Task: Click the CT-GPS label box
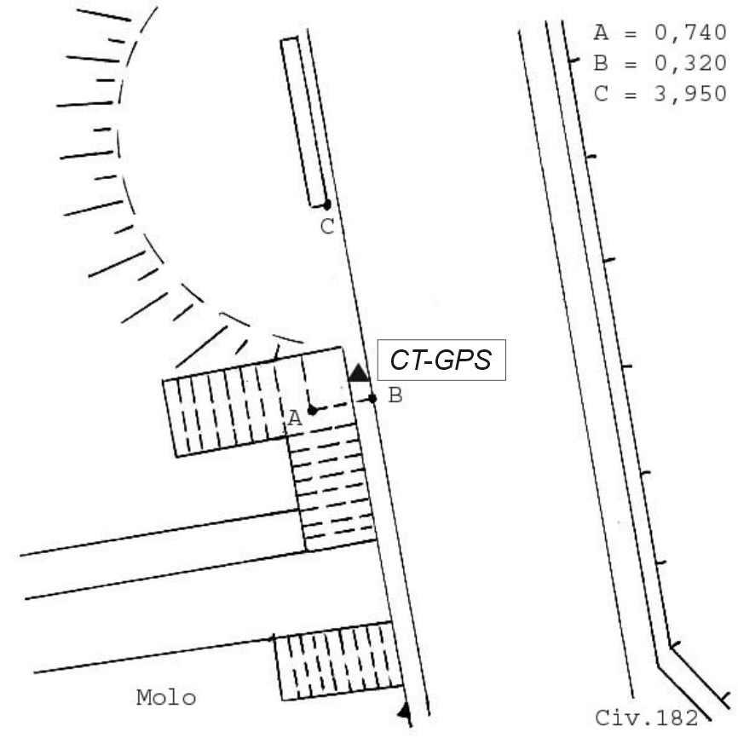pyautogui.click(x=441, y=360)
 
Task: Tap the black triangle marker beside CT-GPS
pyautogui.click(x=359, y=372)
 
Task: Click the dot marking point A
pyautogui.click(x=312, y=411)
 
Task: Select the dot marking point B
pyautogui.click(x=372, y=399)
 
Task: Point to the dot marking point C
pyautogui.click(x=326, y=205)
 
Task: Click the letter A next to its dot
pyautogui.click(x=295, y=418)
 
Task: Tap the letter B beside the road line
pyautogui.click(x=395, y=395)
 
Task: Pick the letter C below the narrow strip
pyautogui.click(x=327, y=227)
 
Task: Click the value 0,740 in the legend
pyautogui.click(x=690, y=32)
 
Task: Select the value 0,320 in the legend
pyautogui.click(x=690, y=63)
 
